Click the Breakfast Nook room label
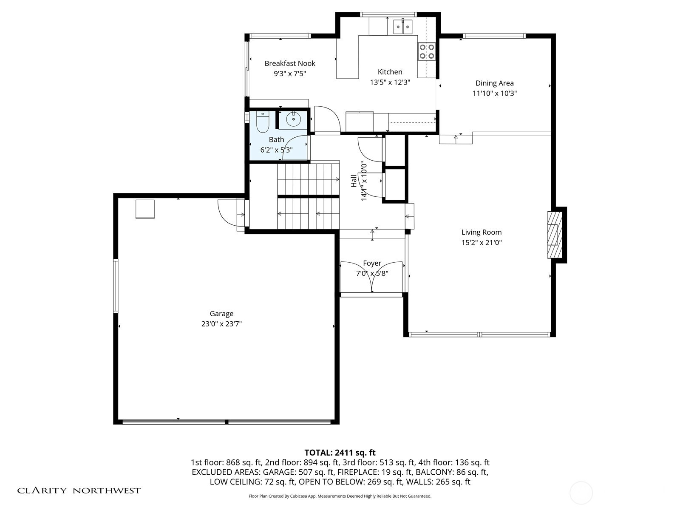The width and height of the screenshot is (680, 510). point(290,63)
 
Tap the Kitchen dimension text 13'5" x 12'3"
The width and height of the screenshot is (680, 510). point(390,82)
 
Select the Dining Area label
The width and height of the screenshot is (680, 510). point(494,83)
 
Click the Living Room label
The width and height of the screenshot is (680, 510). point(482,232)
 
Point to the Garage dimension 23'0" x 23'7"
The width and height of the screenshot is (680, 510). point(221,324)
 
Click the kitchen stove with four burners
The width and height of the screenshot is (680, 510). point(427,51)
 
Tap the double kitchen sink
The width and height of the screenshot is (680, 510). point(403,27)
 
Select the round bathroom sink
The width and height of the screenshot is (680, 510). point(293,119)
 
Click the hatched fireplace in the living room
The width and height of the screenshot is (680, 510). point(555,235)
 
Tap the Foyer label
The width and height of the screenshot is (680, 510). point(372,263)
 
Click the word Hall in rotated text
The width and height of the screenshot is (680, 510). point(354,181)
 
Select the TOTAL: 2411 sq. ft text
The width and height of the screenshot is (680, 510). point(340,453)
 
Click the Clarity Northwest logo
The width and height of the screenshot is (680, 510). point(79,490)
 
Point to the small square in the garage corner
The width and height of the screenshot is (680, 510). point(145,209)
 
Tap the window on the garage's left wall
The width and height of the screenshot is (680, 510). point(116,286)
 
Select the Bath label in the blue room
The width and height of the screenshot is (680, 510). point(276,140)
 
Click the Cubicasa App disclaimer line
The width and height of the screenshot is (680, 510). point(340,496)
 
